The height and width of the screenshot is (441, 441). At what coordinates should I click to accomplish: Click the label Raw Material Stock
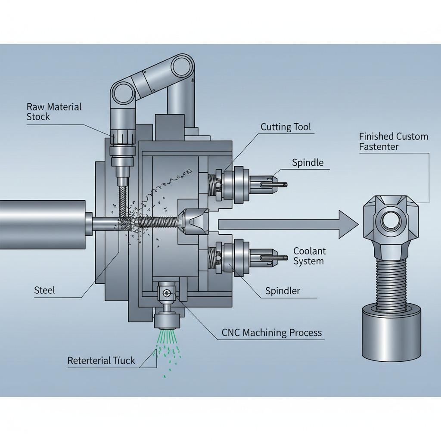coord(54,112)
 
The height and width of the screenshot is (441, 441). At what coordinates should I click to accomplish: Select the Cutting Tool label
coord(286,127)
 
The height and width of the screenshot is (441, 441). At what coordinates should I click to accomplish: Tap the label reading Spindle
coord(307,162)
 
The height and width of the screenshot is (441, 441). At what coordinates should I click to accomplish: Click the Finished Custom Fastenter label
coord(394,141)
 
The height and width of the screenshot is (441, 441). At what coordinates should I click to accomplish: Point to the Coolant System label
coord(309,256)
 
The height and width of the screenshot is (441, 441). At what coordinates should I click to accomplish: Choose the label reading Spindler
coord(283,291)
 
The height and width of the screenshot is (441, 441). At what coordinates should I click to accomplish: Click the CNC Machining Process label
coord(271,333)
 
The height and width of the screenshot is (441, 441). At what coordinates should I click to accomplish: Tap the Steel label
coord(44,290)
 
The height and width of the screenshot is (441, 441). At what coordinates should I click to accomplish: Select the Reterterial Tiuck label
coord(101,360)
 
